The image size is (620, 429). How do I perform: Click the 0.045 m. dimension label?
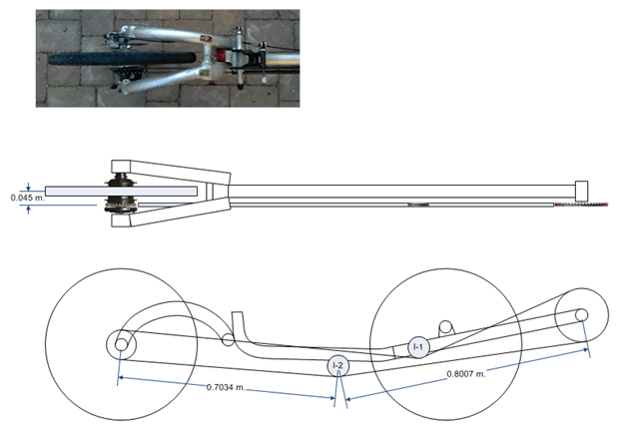pos(28,198)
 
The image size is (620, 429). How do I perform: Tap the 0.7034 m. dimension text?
pos(229,387)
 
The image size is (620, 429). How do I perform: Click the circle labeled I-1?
pos(419,347)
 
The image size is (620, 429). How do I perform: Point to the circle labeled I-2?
pos(338,366)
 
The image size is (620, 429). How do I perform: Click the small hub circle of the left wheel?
pos(121,344)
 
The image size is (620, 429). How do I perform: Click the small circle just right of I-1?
pos(446,326)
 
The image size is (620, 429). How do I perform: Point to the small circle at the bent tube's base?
pos(229,339)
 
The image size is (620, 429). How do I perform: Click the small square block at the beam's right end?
pos(583,190)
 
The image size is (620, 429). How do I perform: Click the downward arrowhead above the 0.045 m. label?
pos(28,185)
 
